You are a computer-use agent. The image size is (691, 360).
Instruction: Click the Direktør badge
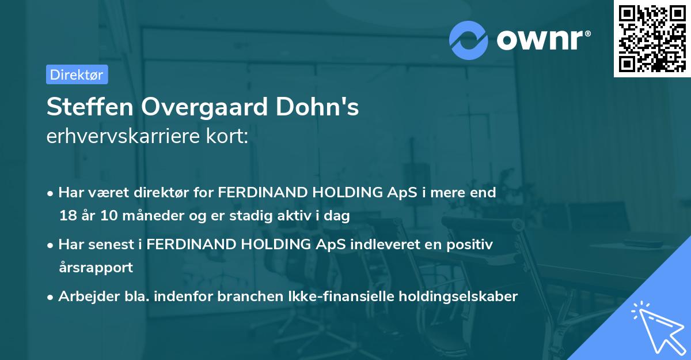pos(77,74)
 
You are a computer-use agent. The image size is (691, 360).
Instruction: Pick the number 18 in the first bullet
pos(67,216)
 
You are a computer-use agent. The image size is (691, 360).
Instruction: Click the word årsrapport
pos(96,267)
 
